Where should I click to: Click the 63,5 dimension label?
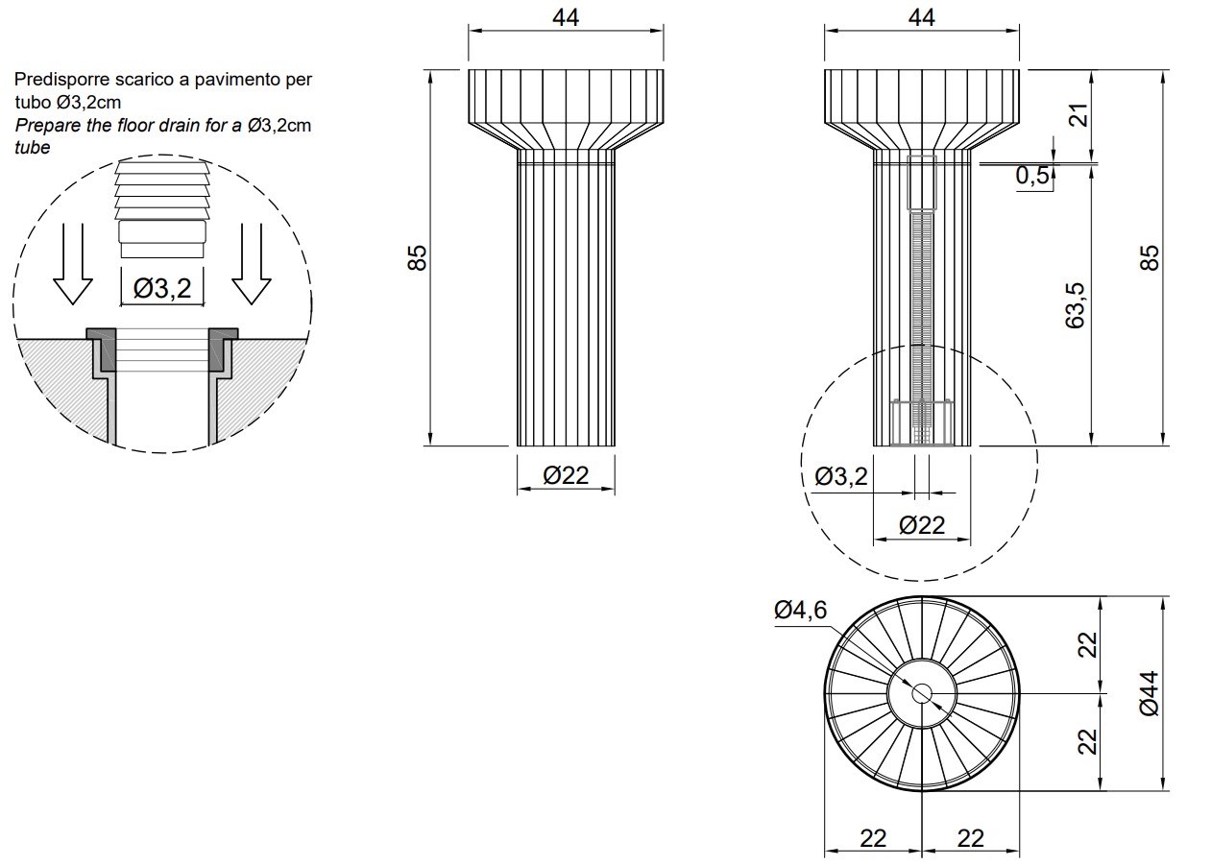[x=1075, y=305]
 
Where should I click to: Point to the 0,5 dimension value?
[x=1032, y=175]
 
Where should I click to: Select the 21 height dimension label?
[x=1079, y=114]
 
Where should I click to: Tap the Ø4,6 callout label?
[x=801, y=610]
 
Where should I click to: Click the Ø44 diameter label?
[x=1150, y=693]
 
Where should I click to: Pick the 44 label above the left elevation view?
[x=566, y=18]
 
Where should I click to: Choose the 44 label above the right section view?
[x=922, y=18]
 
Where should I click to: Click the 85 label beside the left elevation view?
[x=417, y=257]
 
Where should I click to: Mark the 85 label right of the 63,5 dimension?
[x=1150, y=257]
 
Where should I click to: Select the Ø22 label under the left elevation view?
[x=566, y=475]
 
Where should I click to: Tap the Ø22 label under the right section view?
[x=922, y=525]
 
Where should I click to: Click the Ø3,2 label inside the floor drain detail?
[x=162, y=288]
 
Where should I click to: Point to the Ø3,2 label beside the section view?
[x=841, y=476]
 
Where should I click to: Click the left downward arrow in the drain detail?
[x=73, y=264]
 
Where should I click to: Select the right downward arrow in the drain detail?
[x=252, y=264]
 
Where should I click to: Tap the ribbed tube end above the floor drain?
[x=162, y=209]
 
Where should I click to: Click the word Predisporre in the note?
[x=62, y=80]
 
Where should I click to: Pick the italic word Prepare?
[x=47, y=126]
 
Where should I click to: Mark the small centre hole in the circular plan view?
[x=922, y=693]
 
